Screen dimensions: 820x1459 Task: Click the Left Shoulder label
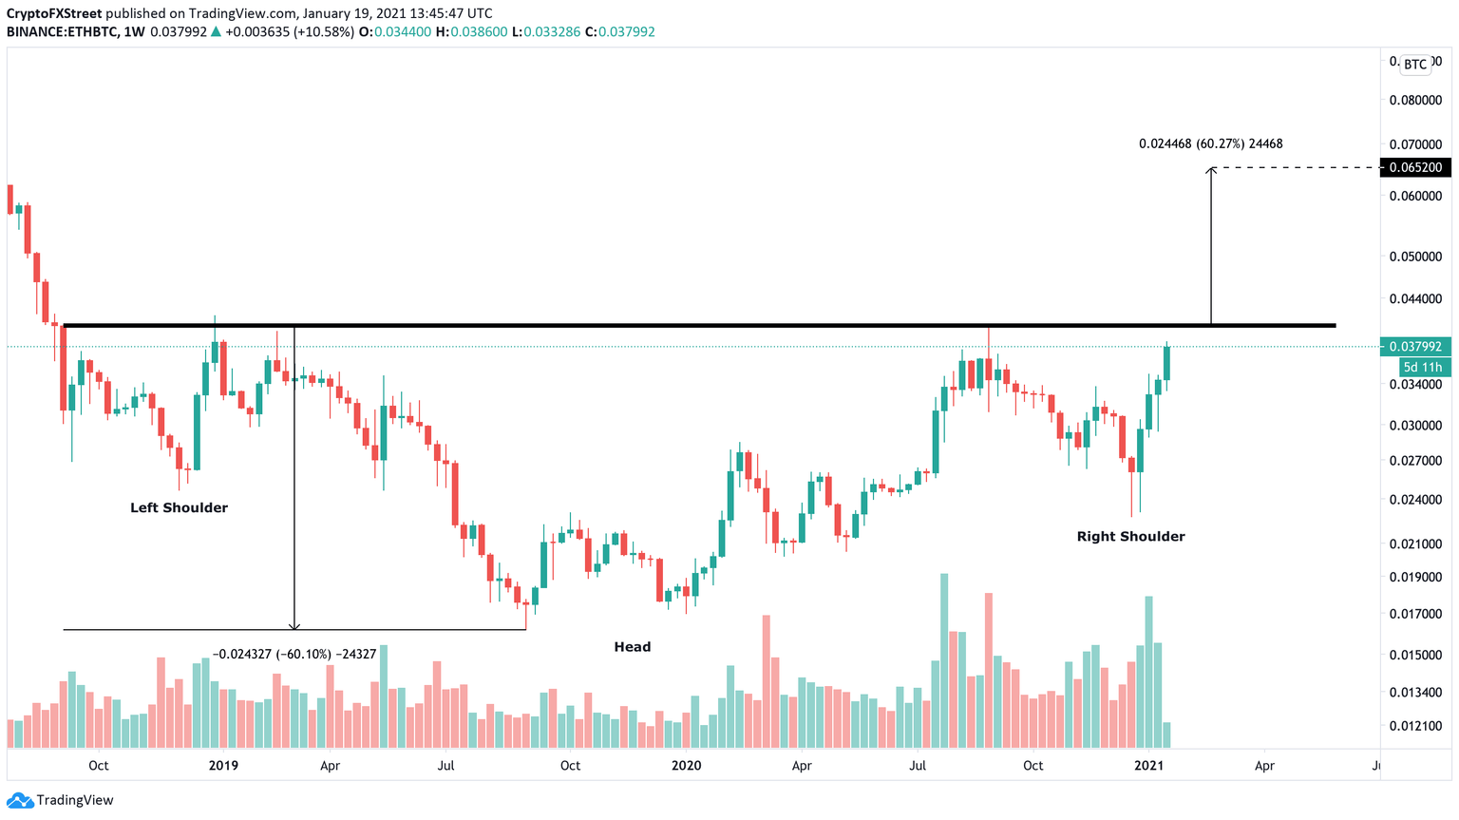pyautogui.click(x=179, y=508)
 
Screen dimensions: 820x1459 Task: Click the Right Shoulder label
pyautogui.click(x=1130, y=537)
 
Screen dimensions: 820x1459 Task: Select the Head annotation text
pyautogui.click(x=632, y=647)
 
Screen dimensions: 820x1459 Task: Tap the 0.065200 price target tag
pyautogui.click(x=1414, y=167)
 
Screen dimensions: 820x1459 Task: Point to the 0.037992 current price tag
pyautogui.click(x=1414, y=348)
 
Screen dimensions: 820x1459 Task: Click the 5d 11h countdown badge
pyautogui.click(x=1424, y=368)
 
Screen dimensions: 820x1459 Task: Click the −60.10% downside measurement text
pyautogui.click(x=294, y=654)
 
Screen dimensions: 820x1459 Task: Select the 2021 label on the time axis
pyautogui.click(x=1149, y=766)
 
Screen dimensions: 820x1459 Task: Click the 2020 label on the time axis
pyautogui.click(x=686, y=766)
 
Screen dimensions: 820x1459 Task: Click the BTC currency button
pyautogui.click(x=1415, y=65)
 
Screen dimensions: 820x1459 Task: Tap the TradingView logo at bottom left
pyautogui.click(x=61, y=800)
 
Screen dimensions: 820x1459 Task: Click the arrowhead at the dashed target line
pyautogui.click(x=1211, y=170)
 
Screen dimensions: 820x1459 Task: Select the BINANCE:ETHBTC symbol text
pyautogui.click(x=61, y=31)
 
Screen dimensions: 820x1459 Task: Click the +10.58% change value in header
pyautogui.click(x=324, y=31)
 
